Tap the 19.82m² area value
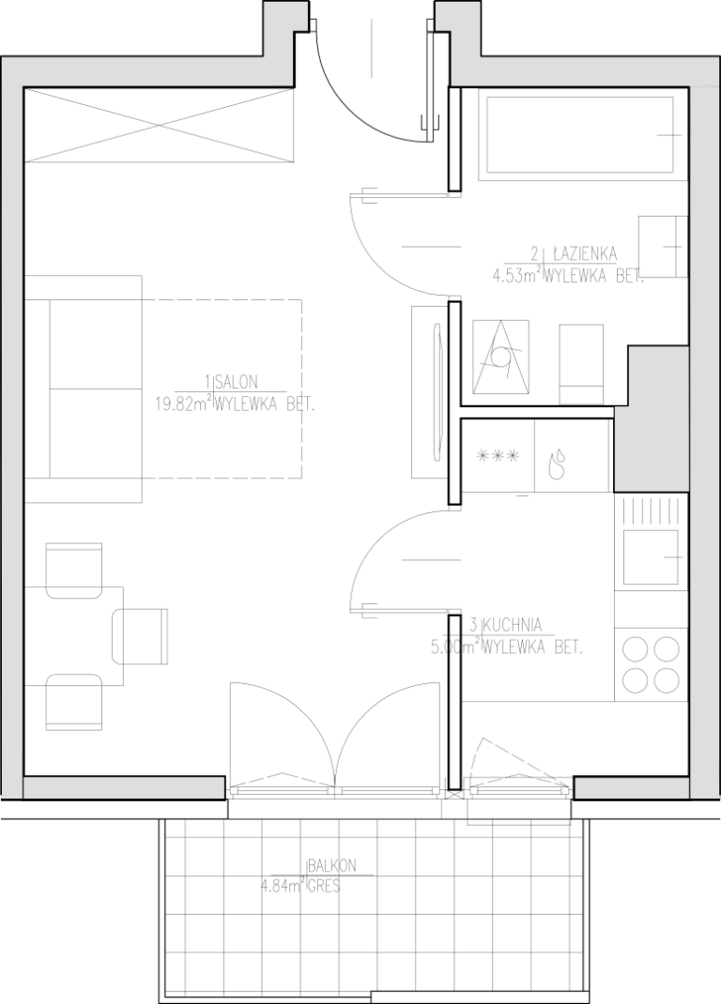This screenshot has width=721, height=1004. pos(183,404)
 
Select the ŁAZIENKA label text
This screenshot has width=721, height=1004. pos(581,254)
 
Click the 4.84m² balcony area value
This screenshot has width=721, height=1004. pos(282,887)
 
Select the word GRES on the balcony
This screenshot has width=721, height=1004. pos(324,888)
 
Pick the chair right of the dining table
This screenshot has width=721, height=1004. pos(140,636)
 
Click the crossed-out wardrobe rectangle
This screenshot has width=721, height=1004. pos(160,124)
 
